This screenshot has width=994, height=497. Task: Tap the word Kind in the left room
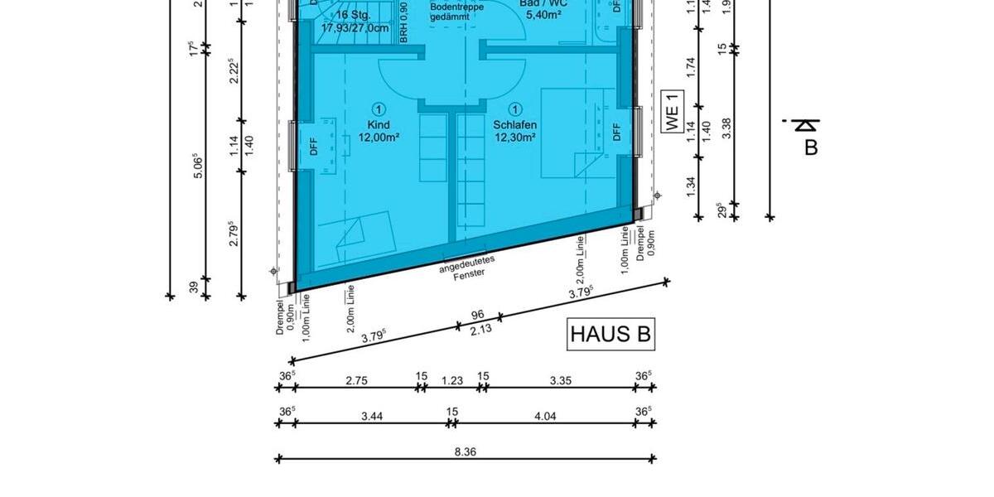pos(379,125)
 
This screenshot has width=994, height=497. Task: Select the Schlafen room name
pos(515,125)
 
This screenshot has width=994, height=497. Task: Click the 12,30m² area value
pos(515,138)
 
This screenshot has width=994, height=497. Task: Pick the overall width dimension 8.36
pos(466,452)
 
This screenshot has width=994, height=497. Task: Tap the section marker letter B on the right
pos(811,147)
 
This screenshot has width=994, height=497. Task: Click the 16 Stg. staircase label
pos(355,16)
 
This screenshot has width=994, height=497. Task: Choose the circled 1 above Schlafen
pos(515,109)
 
